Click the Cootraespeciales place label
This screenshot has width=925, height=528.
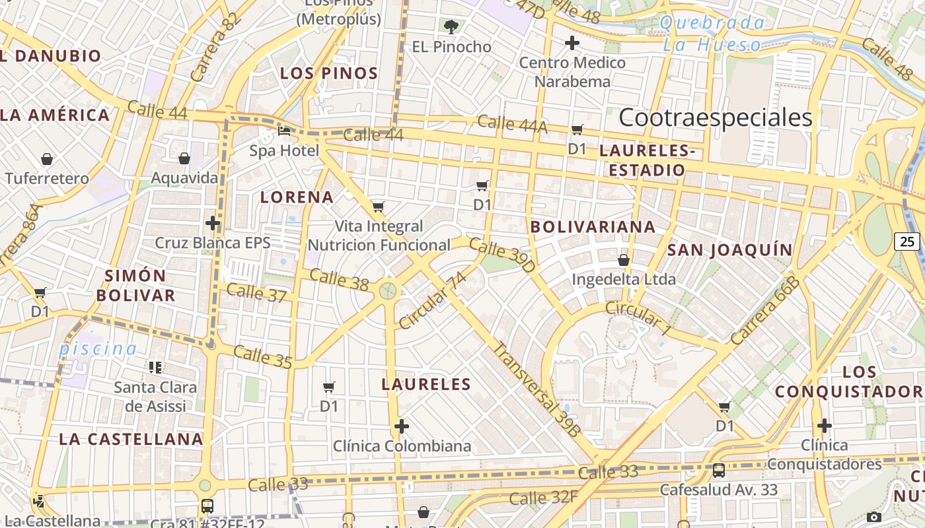[716, 118]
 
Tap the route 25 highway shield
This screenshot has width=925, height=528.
[907, 242]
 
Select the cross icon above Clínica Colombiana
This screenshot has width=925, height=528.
[401, 426]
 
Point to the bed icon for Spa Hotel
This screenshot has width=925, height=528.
[284, 131]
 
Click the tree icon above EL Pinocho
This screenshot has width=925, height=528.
[451, 27]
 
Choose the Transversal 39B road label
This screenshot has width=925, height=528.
[536, 389]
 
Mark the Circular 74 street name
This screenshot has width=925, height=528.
[433, 300]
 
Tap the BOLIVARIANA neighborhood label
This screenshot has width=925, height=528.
[593, 227]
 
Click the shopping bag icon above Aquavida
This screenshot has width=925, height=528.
[184, 158]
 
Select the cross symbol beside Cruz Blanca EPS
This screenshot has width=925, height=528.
[212, 223]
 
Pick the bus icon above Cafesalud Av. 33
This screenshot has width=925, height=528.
[718, 471]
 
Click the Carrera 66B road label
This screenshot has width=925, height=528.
[765, 310]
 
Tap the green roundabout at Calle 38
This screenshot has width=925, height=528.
[388, 290]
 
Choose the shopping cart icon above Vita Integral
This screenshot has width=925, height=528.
[378, 207]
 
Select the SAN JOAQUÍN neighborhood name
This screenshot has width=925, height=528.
[729, 249]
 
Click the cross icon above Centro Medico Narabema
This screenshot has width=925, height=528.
[572, 44]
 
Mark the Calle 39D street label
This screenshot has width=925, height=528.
[502, 255]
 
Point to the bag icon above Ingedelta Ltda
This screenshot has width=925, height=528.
[623, 260]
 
